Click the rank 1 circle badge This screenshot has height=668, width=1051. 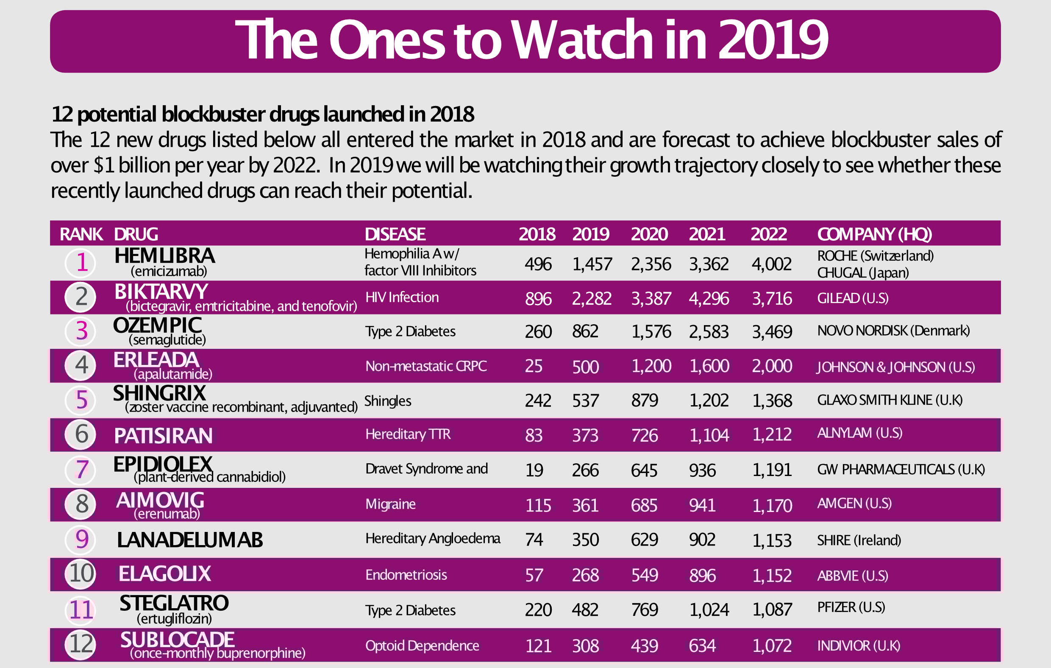click(x=81, y=263)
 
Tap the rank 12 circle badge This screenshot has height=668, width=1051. click(x=81, y=644)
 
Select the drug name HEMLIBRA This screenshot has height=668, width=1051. click(x=164, y=256)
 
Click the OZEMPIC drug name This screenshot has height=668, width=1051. click(x=157, y=325)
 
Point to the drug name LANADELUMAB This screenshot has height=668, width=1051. click(x=190, y=540)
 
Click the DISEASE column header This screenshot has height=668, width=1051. click(x=395, y=234)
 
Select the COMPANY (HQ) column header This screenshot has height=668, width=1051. click(x=874, y=234)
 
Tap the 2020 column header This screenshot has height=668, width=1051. click(x=649, y=234)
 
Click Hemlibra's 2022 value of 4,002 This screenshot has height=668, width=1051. click(x=771, y=264)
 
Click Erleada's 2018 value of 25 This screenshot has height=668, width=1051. click(x=534, y=366)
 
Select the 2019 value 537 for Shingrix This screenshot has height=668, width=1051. click(x=585, y=401)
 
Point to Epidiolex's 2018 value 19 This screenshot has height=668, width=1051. click(x=534, y=470)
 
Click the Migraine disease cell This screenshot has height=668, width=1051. click(x=390, y=504)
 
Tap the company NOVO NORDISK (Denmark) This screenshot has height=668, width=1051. click(x=893, y=331)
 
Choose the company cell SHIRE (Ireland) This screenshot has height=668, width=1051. click(x=859, y=540)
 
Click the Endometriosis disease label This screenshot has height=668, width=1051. click(x=406, y=575)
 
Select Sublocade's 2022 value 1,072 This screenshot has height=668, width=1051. click(x=772, y=646)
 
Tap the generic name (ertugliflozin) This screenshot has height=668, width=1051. click(x=174, y=619)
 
